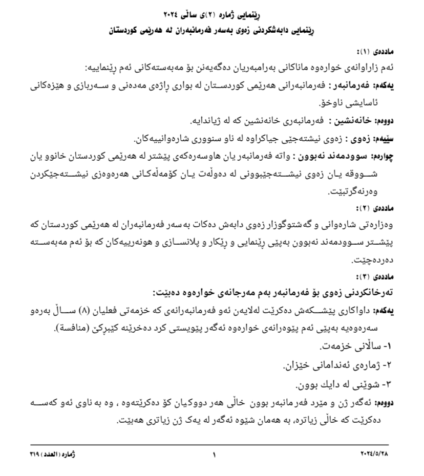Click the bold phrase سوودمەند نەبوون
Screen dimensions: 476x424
pos(340,156)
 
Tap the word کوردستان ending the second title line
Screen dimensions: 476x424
pos(126,31)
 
